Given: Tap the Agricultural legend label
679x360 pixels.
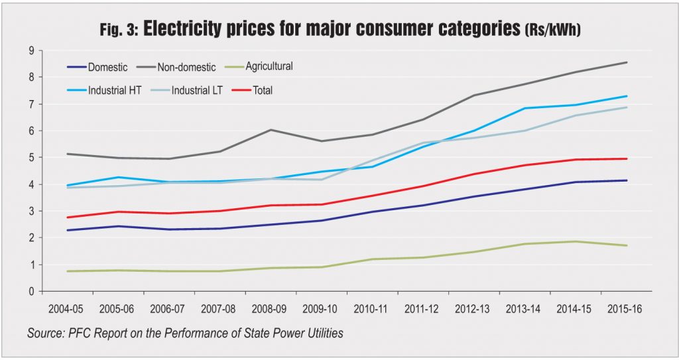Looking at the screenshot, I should [269, 67].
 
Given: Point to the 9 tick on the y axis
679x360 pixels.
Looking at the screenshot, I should [31, 50].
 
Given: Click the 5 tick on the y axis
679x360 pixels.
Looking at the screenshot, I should [31, 158].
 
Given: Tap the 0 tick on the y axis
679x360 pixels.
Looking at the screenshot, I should [31, 292].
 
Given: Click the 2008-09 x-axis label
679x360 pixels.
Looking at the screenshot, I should [270, 310].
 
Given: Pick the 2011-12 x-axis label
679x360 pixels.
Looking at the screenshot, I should [422, 310].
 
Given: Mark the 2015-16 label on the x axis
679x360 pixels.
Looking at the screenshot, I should [626, 310].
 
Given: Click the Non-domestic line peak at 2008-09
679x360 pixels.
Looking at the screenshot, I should [269, 130].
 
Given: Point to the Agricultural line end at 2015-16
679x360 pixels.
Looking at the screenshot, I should [627, 245].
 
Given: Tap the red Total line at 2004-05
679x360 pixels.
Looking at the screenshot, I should [67, 217].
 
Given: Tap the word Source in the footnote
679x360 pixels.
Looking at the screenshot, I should [46, 333].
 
